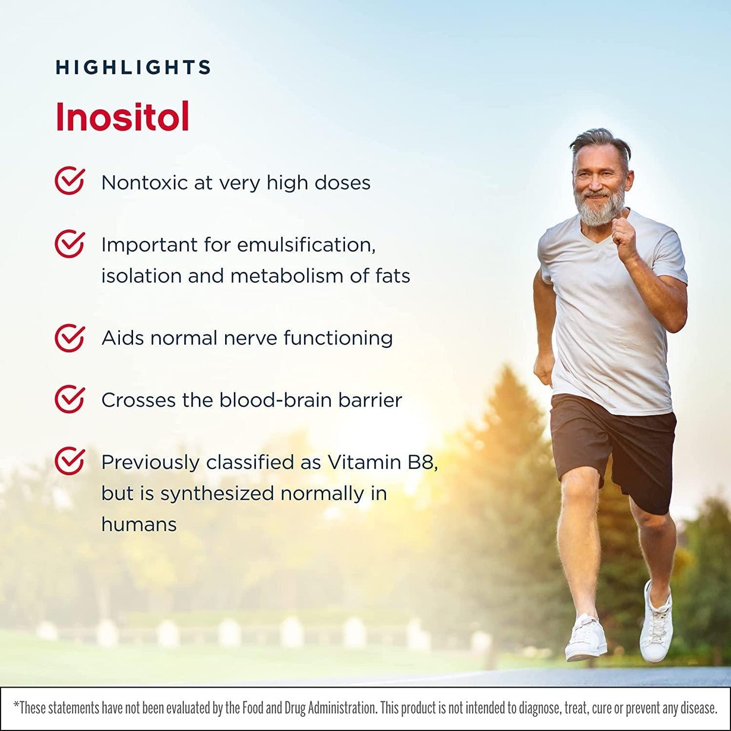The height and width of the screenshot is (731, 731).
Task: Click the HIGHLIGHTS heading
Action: click(133, 67)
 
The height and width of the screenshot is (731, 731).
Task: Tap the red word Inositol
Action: click(122, 117)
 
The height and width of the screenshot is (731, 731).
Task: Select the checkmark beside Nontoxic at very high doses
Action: click(70, 181)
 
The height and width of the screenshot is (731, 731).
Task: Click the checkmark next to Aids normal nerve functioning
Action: click(70, 338)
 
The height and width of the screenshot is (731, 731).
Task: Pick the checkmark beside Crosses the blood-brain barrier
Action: click(70, 400)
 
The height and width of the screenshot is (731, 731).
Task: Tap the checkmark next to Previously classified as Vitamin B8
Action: click(70, 461)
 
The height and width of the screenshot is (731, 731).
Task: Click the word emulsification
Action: click(306, 245)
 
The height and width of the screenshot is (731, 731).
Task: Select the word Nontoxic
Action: click(145, 183)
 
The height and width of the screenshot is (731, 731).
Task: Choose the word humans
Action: click(139, 525)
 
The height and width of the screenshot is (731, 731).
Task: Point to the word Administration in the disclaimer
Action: click(342, 708)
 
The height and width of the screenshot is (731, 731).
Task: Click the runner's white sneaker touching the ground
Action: click(586, 638)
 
